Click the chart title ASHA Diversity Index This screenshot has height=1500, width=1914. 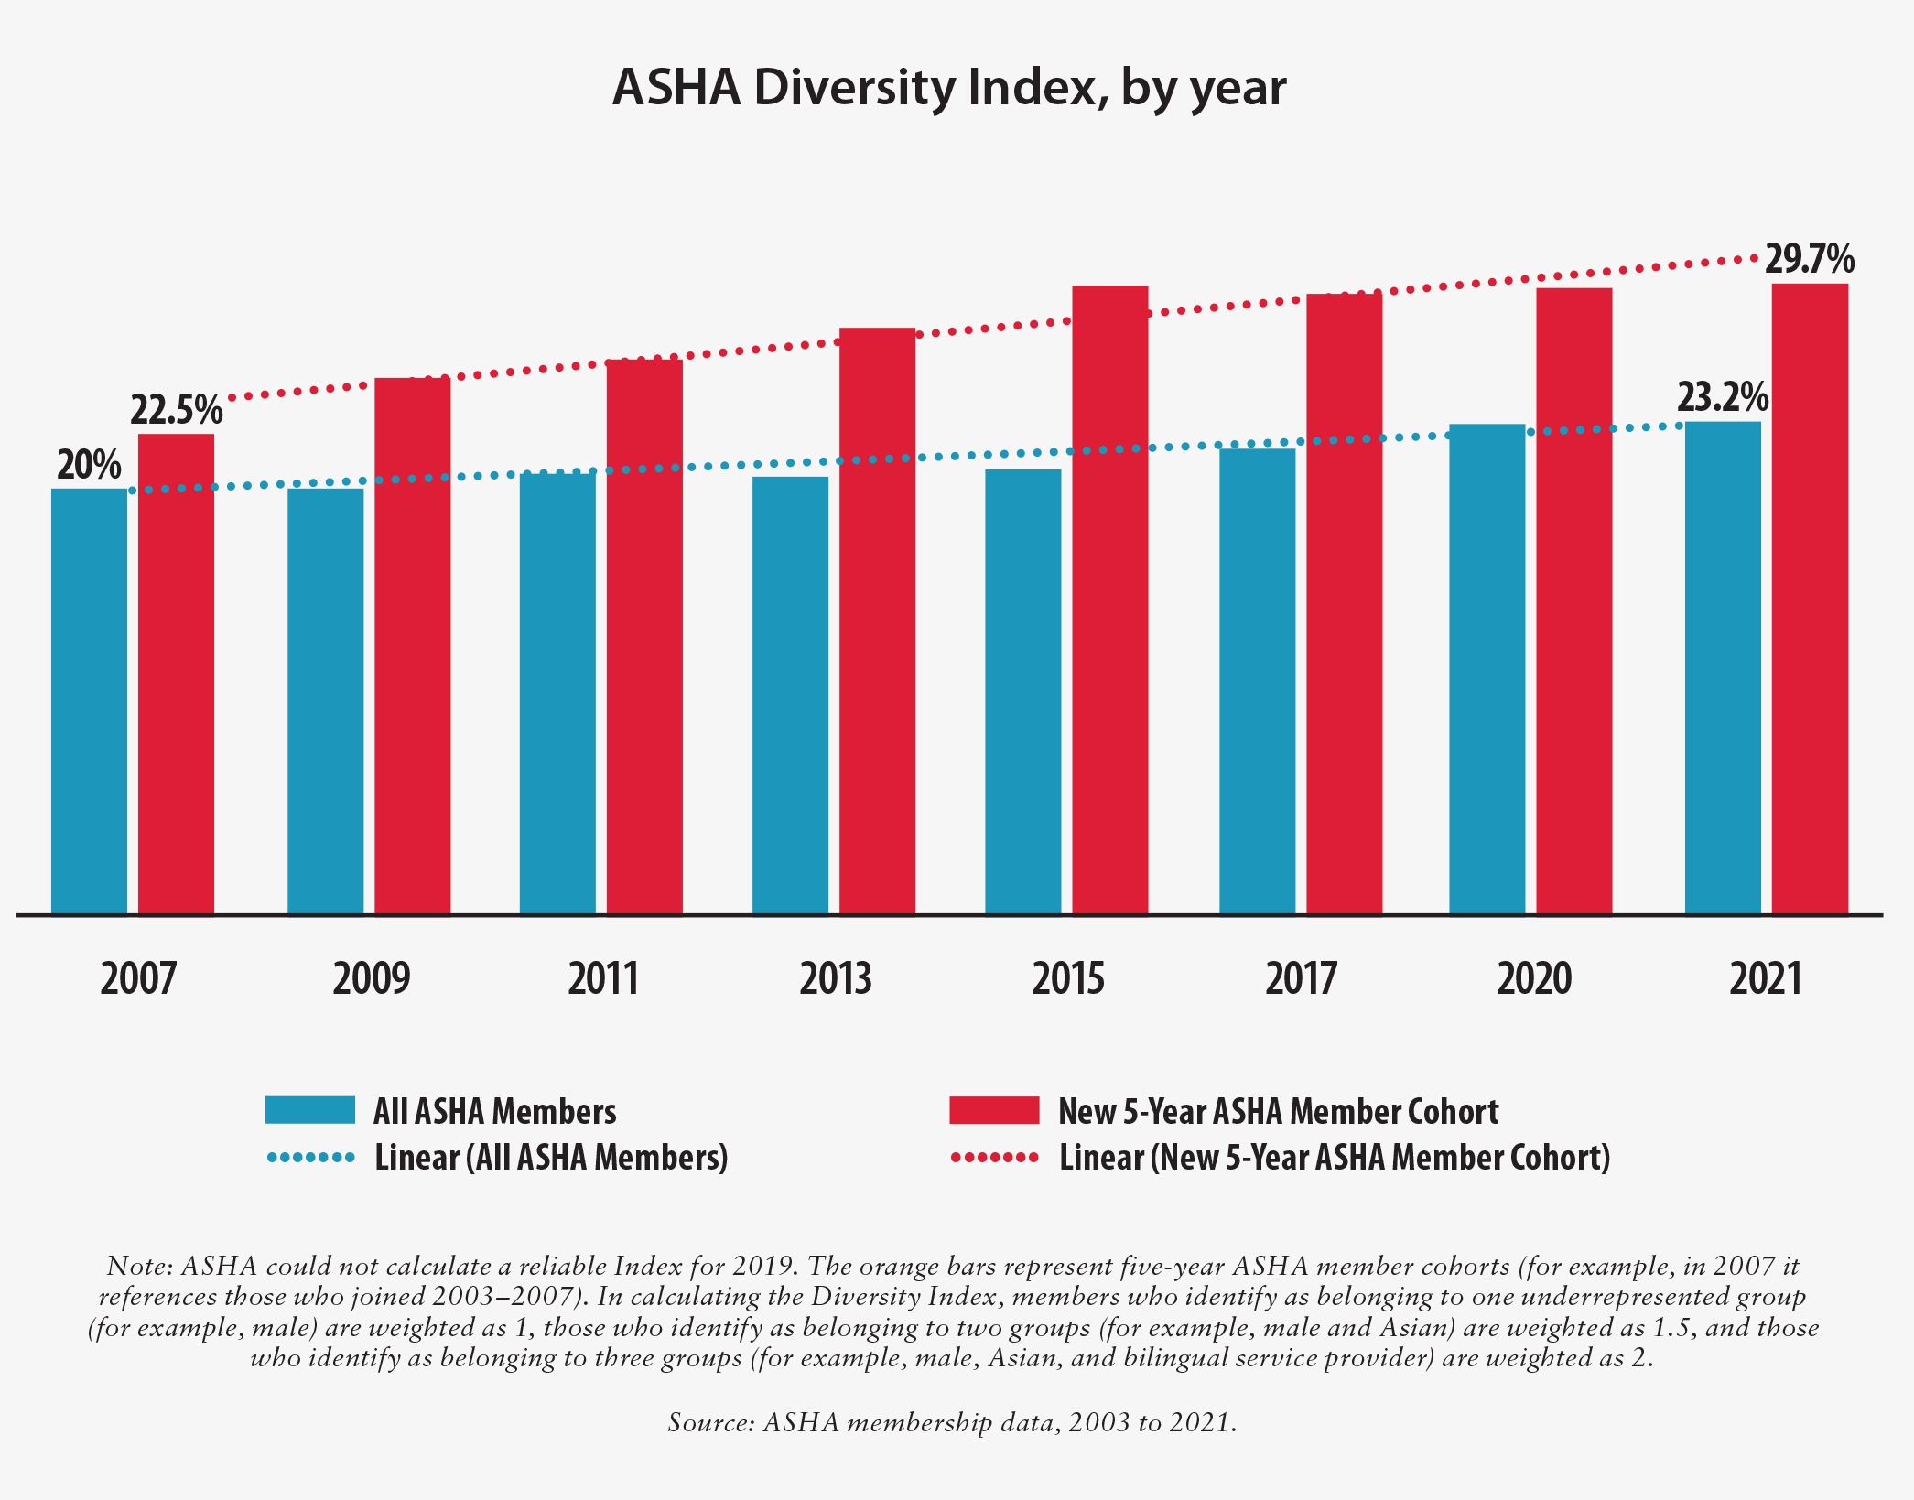pos(949,89)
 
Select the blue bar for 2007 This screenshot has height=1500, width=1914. pos(89,700)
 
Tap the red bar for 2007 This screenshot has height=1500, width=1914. pos(176,673)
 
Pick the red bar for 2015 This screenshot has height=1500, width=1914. pos(1109,599)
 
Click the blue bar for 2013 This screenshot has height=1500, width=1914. pos(790,696)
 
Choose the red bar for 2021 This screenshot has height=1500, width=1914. pos(1810,599)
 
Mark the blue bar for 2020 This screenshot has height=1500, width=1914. pos(1487,668)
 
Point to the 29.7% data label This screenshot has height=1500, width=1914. pos(1809,259)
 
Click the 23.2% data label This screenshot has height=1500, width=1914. pos(1722,398)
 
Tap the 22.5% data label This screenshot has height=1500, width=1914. pos(176,410)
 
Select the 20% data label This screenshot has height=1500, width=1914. pos(89,465)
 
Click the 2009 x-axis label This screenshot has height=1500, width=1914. pos(371,978)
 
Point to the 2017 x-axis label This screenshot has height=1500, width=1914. pos(1301,978)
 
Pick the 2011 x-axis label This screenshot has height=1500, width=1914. pos(603,978)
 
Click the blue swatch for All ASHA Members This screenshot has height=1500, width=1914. pos(309,1110)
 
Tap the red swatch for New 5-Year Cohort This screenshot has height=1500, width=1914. pos(994,1110)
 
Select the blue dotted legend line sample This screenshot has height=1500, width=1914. pos(310,1158)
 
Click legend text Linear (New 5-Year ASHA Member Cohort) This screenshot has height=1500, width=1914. pos(1334,1158)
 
